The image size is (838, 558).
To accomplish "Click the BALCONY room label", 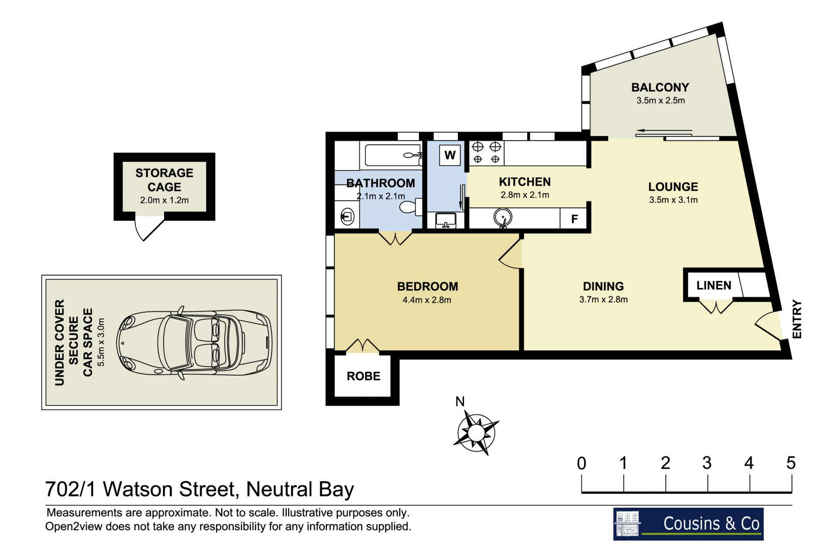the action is [x=660, y=87].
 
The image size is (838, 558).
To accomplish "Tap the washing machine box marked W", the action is [x=450, y=155].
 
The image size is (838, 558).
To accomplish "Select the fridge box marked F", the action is [x=574, y=219].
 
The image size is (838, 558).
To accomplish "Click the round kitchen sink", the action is [x=503, y=217].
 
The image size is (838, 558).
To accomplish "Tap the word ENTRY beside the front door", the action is [x=797, y=319].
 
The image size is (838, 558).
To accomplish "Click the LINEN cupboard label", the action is [x=714, y=285].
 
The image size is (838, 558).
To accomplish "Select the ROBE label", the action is [x=364, y=376].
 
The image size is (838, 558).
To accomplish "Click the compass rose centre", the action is [x=476, y=433].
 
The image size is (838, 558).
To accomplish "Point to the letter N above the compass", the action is [x=460, y=401].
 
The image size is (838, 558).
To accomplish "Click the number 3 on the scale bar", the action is [x=707, y=463].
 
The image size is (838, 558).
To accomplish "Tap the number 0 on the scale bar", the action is [x=581, y=463].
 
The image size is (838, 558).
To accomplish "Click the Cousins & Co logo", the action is [x=688, y=524].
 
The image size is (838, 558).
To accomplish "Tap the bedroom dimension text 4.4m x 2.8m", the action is [x=427, y=300].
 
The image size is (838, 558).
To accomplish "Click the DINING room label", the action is [x=603, y=286].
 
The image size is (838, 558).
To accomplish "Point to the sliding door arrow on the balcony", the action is [x=664, y=130].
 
